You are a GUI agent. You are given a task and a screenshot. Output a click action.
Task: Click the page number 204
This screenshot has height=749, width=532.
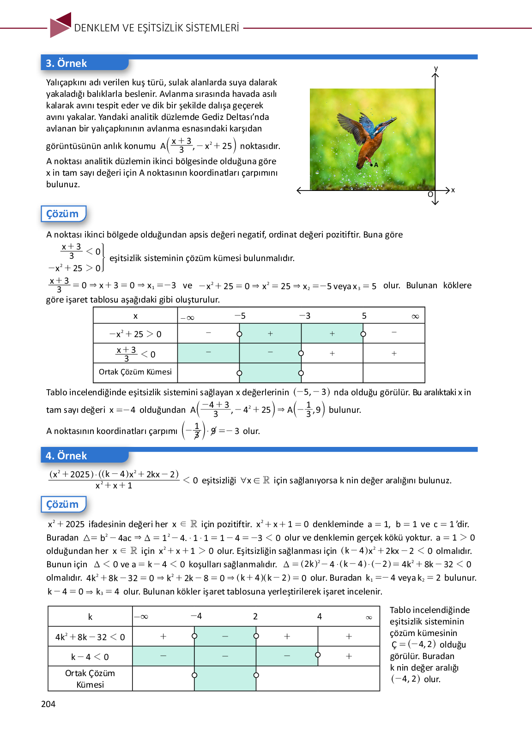(48, 704)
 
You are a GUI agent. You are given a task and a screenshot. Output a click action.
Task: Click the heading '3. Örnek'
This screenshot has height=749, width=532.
(66, 63)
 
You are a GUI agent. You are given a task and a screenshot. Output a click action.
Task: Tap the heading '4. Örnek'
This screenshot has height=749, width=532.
(66, 456)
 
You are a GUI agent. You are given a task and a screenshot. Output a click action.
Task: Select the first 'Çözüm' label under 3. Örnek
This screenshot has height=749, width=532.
(63, 214)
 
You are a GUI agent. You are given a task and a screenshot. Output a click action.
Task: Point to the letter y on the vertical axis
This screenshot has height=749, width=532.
(435, 69)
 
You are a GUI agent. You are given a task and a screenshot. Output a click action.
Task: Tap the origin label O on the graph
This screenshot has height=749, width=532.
(430, 195)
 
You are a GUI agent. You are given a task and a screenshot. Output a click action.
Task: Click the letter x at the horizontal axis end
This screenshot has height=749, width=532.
(453, 190)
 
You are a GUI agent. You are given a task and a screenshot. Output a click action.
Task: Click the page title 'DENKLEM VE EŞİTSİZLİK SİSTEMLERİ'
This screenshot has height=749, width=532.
(157, 28)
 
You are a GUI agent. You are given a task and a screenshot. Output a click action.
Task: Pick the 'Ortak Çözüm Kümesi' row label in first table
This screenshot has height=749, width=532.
(135, 372)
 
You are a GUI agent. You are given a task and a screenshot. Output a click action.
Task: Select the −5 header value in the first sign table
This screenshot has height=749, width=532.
(240, 316)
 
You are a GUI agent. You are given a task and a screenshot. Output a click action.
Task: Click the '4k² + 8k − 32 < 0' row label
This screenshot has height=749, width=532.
(90, 637)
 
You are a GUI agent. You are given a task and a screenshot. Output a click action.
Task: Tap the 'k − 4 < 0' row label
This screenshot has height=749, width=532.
(90, 657)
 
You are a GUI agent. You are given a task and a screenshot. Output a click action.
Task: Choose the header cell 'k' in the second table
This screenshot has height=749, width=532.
(90, 617)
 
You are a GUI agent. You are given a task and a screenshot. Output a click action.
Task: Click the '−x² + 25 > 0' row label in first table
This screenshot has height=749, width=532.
(135, 334)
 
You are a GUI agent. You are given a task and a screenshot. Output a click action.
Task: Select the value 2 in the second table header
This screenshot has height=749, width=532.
(255, 617)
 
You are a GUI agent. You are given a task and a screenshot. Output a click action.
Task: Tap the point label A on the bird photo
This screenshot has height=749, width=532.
(376, 165)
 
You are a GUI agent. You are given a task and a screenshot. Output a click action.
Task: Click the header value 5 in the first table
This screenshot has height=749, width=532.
(364, 316)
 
